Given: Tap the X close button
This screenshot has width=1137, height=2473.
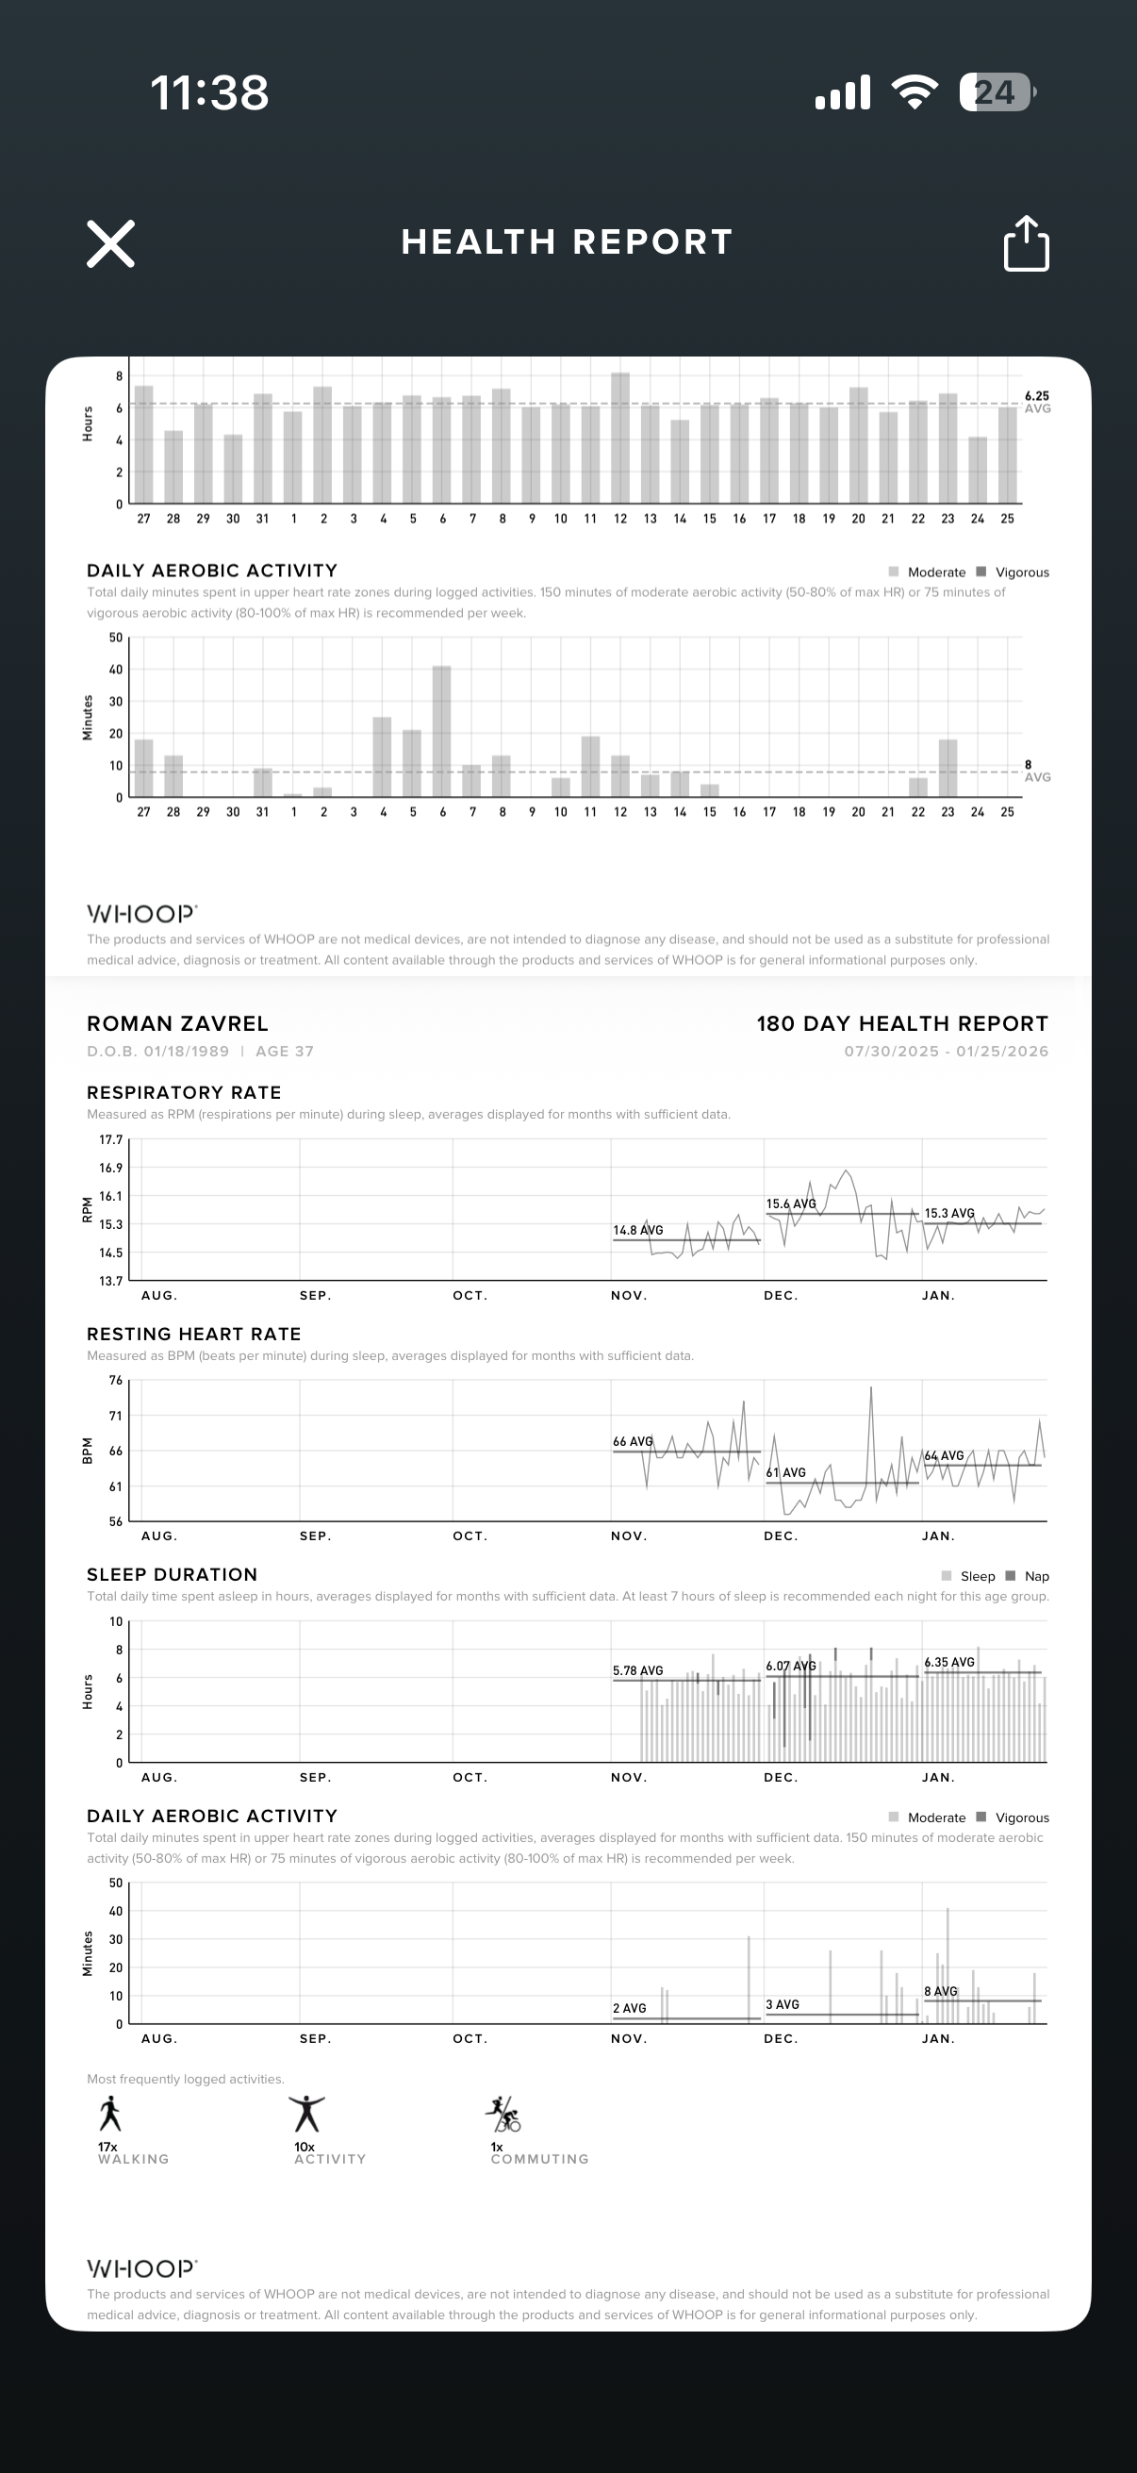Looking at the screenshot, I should (x=110, y=243).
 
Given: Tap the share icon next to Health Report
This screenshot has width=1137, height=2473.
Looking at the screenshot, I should (x=1026, y=244).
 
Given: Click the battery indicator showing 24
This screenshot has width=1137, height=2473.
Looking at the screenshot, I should (x=996, y=92).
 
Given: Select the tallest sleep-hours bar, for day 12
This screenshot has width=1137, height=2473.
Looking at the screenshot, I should (x=619, y=438).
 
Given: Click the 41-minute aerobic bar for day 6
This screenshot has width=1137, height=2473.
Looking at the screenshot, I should (x=441, y=731).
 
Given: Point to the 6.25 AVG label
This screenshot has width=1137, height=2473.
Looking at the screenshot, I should (x=1037, y=401).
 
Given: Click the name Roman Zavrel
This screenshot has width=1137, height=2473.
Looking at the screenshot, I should (x=177, y=1023).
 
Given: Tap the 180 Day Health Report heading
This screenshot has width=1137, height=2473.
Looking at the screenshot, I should (x=902, y=1023).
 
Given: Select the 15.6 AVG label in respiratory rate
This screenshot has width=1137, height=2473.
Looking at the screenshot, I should (x=791, y=1203).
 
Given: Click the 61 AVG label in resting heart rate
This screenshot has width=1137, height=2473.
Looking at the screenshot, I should (x=786, y=1472).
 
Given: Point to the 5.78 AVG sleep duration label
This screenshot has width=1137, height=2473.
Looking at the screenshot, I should (x=638, y=1670).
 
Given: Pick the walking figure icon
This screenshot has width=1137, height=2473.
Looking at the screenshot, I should (x=110, y=2113).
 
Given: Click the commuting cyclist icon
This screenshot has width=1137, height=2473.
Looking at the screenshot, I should (x=503, y=2113).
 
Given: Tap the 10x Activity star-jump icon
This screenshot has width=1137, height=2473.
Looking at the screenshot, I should (x=307, y=2113).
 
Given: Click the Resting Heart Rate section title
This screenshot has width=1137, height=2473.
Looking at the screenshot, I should (x=194, y=1334).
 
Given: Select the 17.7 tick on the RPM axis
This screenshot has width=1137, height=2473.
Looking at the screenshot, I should (x=111, y=1140).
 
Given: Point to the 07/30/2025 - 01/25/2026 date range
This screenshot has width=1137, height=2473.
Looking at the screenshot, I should (x=946, y=1052).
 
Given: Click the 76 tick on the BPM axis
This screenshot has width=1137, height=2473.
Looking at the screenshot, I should (x=115, y=1381).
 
